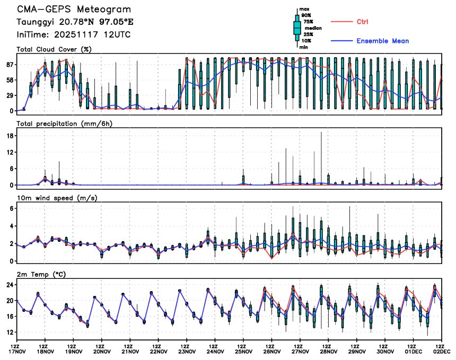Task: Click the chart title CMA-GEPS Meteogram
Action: (x=73, y=10)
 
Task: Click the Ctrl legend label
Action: (x=362, y=22)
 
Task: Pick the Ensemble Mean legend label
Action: (x=382, y=41)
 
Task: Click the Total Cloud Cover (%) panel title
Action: (x=54, y=49)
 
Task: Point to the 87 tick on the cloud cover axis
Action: (x=9, y=64)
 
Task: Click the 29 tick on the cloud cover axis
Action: (x=9, y=95)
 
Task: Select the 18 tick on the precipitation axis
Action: (x=10, y=136)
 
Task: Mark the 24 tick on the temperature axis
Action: (x=9, y=284)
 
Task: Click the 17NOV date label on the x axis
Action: (x=17, y=351)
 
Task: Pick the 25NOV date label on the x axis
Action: (x=243, y=351)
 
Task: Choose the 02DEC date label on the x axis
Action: (x=441, y=351)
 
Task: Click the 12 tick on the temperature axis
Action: (x=9, y=332)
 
